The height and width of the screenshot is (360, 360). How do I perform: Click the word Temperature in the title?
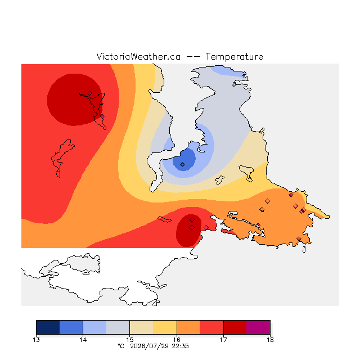234,57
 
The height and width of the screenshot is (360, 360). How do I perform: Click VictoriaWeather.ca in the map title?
138,57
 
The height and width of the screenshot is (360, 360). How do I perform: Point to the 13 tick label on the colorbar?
36,340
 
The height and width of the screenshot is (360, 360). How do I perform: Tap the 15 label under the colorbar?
130,340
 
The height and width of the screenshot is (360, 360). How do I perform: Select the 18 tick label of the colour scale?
270,340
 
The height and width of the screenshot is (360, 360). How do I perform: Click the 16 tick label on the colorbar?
177,340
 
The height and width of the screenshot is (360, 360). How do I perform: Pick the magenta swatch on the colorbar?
258,327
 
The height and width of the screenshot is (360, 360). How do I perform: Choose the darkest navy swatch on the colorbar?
48,327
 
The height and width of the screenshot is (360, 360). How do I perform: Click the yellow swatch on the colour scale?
165,327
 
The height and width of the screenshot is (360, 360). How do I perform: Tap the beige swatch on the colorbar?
141,327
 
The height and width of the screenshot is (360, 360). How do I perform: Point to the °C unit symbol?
121,346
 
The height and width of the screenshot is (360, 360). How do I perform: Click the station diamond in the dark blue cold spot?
182,164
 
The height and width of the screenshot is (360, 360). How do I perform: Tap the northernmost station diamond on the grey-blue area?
234,84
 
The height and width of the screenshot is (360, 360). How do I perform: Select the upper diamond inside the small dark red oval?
192,220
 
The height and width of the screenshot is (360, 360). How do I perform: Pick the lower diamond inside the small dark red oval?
192,227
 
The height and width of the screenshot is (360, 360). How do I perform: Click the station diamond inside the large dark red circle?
90,93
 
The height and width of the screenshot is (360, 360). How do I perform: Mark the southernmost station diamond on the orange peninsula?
299,238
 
